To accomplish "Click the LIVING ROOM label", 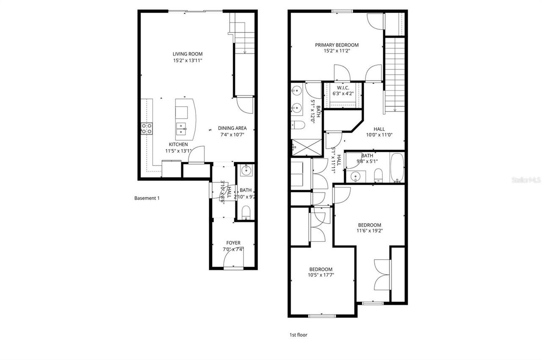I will tap(187, 54).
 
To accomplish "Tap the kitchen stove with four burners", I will tap(147, 128).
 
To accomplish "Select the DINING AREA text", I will tap(232, 128).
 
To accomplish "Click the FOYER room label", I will tap(233, 243).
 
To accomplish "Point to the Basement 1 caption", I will tap(147, 198).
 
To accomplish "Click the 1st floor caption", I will tap(298, 335).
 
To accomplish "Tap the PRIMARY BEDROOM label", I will tap(337, 45).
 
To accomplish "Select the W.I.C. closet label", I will tap(343, 88).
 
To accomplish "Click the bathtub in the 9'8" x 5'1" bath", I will tap(397, 168).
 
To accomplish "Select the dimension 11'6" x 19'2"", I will tap(369, 231).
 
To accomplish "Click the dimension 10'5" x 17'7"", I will tap(321, 275).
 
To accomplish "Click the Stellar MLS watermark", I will tap(526, 180).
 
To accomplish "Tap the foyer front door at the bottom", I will tap(233, 268).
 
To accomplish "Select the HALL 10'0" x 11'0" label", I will tap(379, 132).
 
